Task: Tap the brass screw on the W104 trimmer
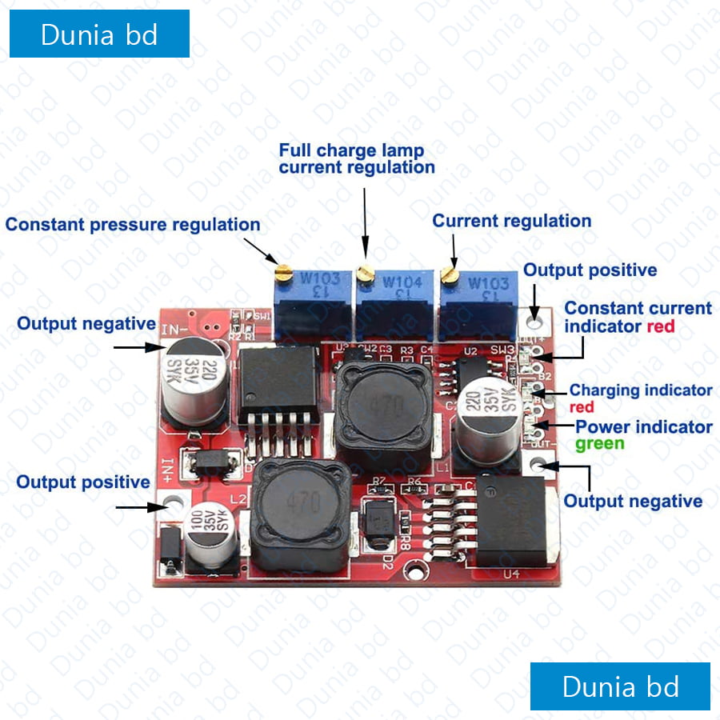(365, 274)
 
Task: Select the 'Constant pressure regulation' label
(133, 225)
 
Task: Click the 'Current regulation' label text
(512, 221)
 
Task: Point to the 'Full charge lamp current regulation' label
(356, 158)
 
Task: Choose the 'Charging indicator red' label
(640, 398)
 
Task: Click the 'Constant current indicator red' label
(638, 317)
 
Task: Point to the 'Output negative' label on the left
(86, 324)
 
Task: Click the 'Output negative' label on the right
(633, 502)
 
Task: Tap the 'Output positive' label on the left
(83, 482)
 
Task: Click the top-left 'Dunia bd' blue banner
(99, 34)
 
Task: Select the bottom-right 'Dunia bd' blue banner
(620, 686)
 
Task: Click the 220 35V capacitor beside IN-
(194, 378)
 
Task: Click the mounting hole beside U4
(414, 570)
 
